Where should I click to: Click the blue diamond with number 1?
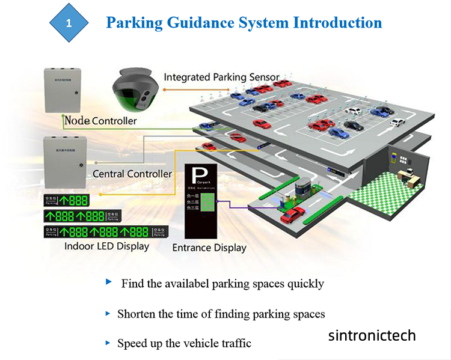coord(69,23)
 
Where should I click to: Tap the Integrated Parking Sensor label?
coord(221,78)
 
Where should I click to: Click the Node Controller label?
coord(100,121)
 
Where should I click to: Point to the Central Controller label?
coord(132,174)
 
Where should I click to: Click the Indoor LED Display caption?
coord(106,246)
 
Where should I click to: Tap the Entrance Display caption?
coord(209,247)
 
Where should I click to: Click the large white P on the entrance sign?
coord(198,175)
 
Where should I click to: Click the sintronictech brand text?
coord(372,335)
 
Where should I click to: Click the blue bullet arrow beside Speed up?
coord(108,343)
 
